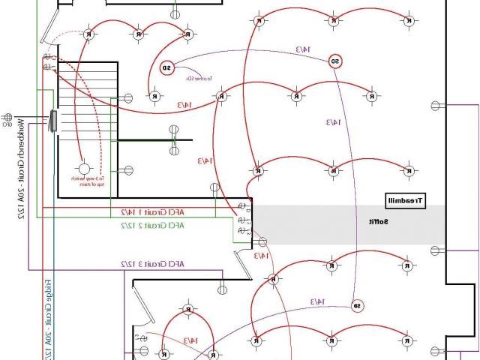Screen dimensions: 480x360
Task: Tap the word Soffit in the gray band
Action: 377,222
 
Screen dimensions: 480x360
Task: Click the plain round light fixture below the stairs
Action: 85,169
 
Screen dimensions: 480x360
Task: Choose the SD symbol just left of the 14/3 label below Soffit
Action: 358,305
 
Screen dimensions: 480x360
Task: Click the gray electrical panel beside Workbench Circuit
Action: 54,122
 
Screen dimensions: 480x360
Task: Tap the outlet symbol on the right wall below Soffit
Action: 433,250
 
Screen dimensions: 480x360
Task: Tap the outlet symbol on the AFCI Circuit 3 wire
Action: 222,289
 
